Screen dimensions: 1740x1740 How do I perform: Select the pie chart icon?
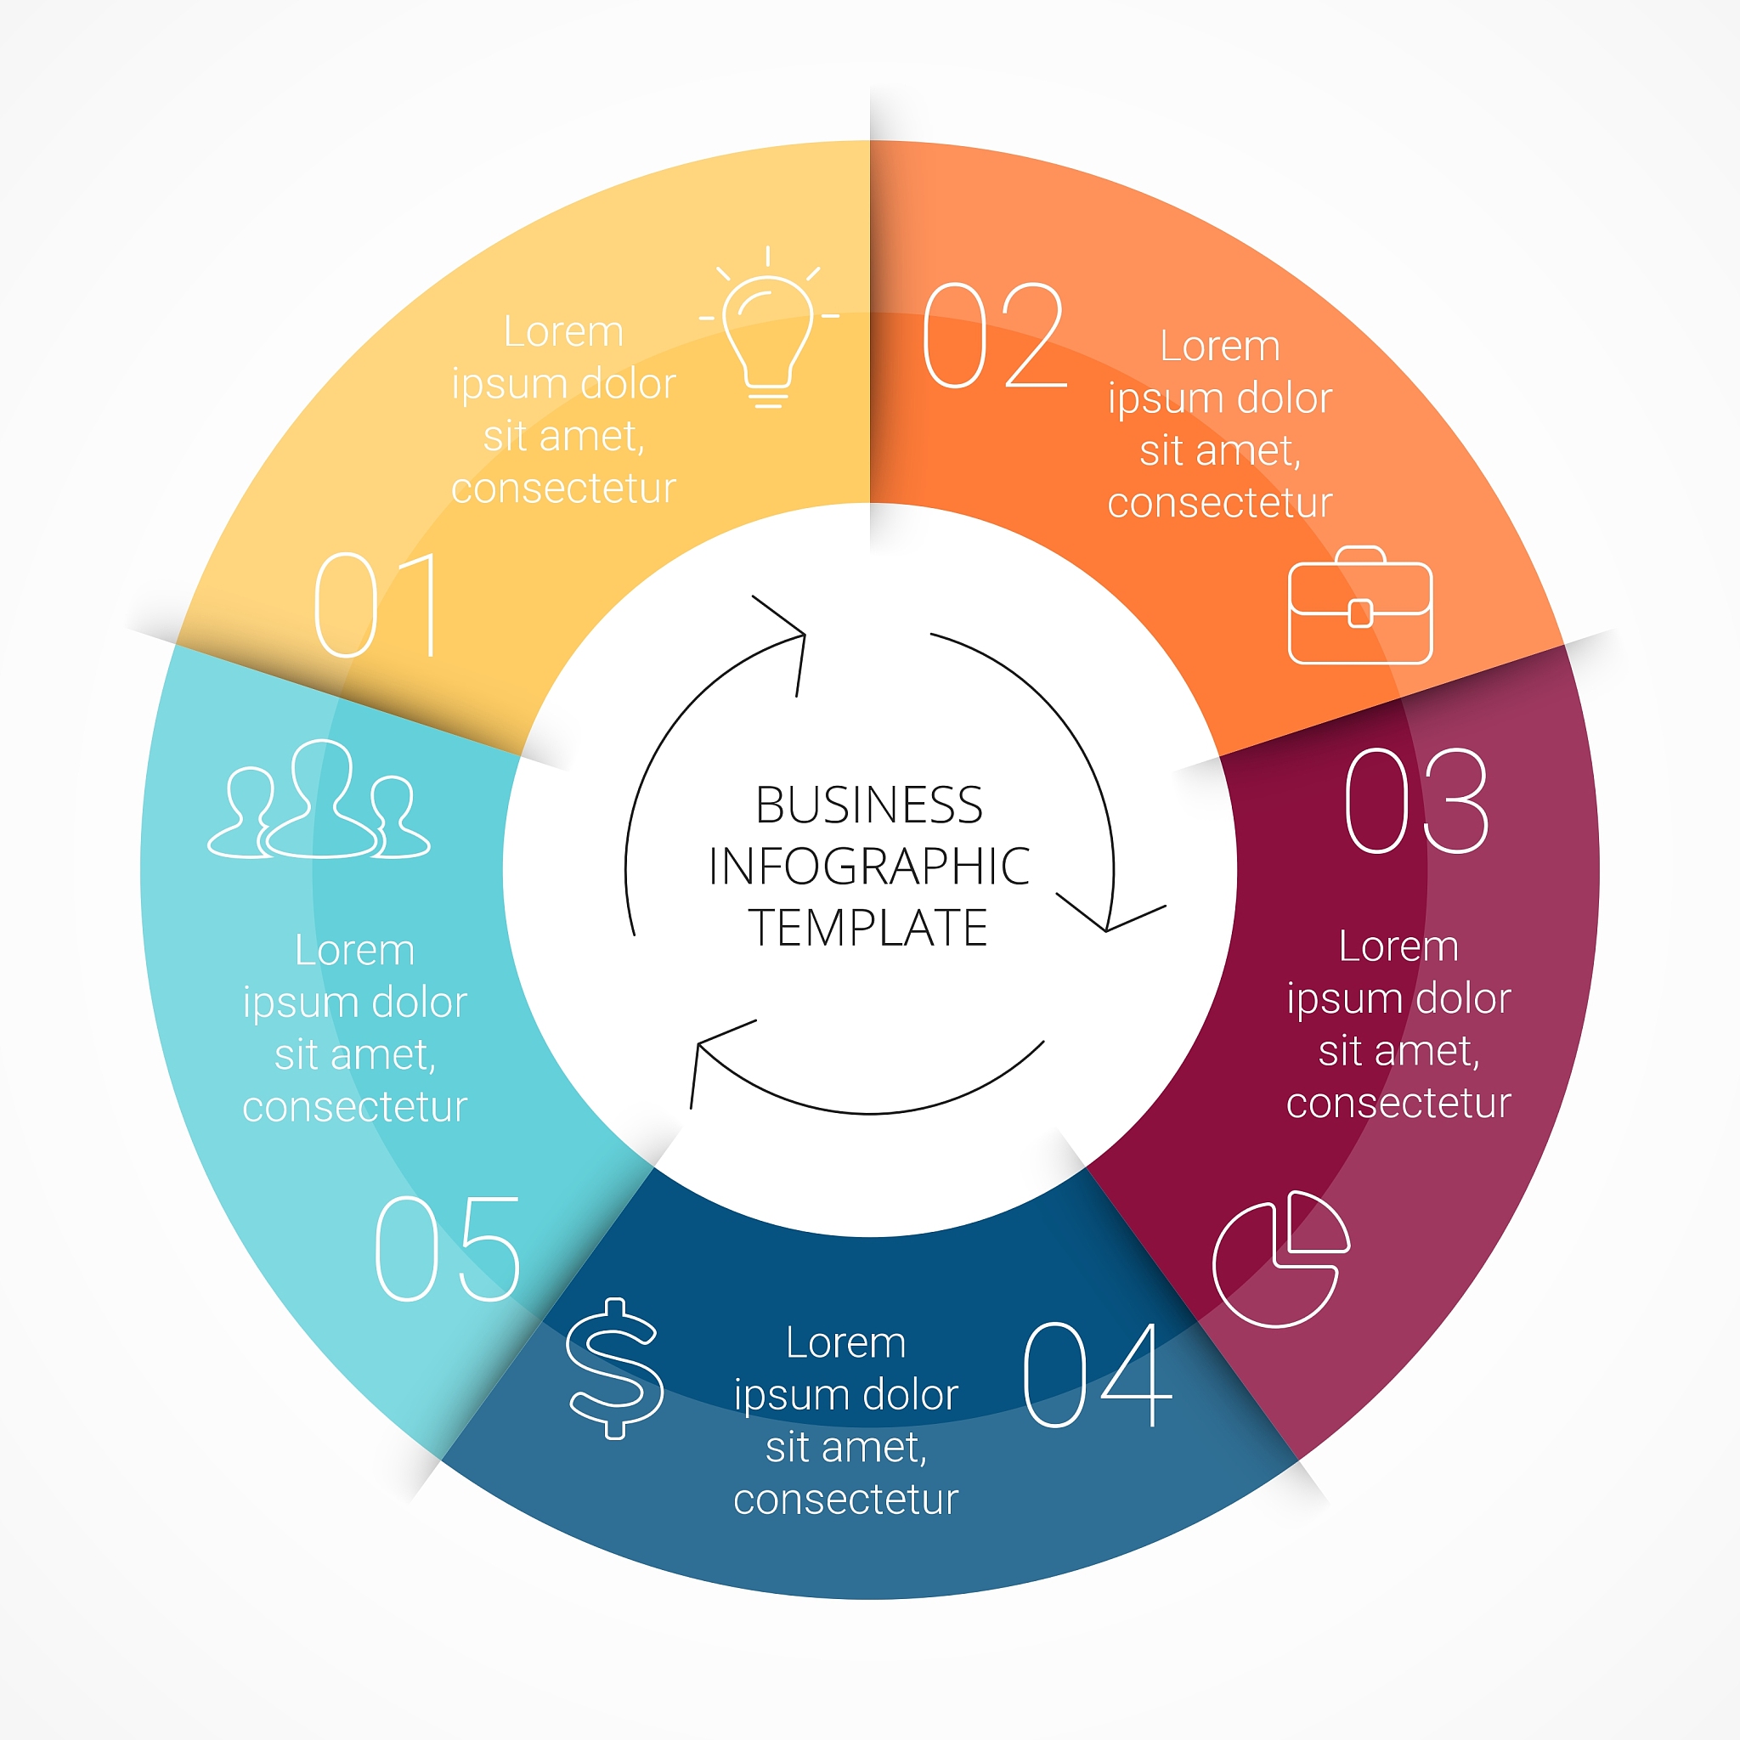[x=1280, y=1259]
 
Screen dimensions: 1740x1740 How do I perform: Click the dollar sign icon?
[x=615, y=1368]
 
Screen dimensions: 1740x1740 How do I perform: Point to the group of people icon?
[x=319, y=800]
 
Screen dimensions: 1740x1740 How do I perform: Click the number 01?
[x=377, y=605]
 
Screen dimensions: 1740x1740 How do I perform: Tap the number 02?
[x=994, y=335]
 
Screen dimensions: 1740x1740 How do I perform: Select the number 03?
[x=1416, y=800]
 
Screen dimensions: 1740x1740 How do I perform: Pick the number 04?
[x=1097, y=1375]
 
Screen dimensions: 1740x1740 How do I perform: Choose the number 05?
[x=448, y=1249]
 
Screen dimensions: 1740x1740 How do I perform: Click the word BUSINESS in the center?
[x=868, y=805]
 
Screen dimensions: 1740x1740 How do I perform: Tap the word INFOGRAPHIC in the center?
[x=868, y=867]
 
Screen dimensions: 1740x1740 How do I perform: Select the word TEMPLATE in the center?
[x=868, y=928]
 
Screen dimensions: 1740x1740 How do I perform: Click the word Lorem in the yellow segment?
[x=564, y=332]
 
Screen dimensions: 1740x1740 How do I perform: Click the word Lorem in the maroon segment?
[x=1398, y=946]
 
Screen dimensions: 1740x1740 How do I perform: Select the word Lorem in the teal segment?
[x=355, y=950]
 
